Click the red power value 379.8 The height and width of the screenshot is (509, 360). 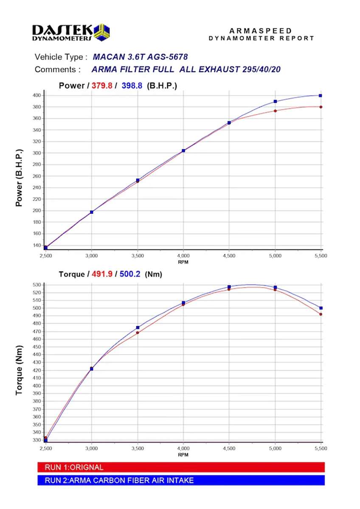(102, 86)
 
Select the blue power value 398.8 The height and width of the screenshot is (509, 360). (132, 86)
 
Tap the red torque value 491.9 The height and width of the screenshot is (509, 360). (102, 274)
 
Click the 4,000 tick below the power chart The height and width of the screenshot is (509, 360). (183, 256)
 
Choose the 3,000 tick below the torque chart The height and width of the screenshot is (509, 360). (92, 449)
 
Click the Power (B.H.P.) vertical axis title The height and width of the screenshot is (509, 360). (19, 177)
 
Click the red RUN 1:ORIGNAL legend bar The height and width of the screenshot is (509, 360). (181, 467)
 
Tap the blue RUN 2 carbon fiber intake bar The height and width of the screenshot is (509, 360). (181, 480)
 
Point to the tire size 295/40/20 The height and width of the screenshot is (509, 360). (259, 70)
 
